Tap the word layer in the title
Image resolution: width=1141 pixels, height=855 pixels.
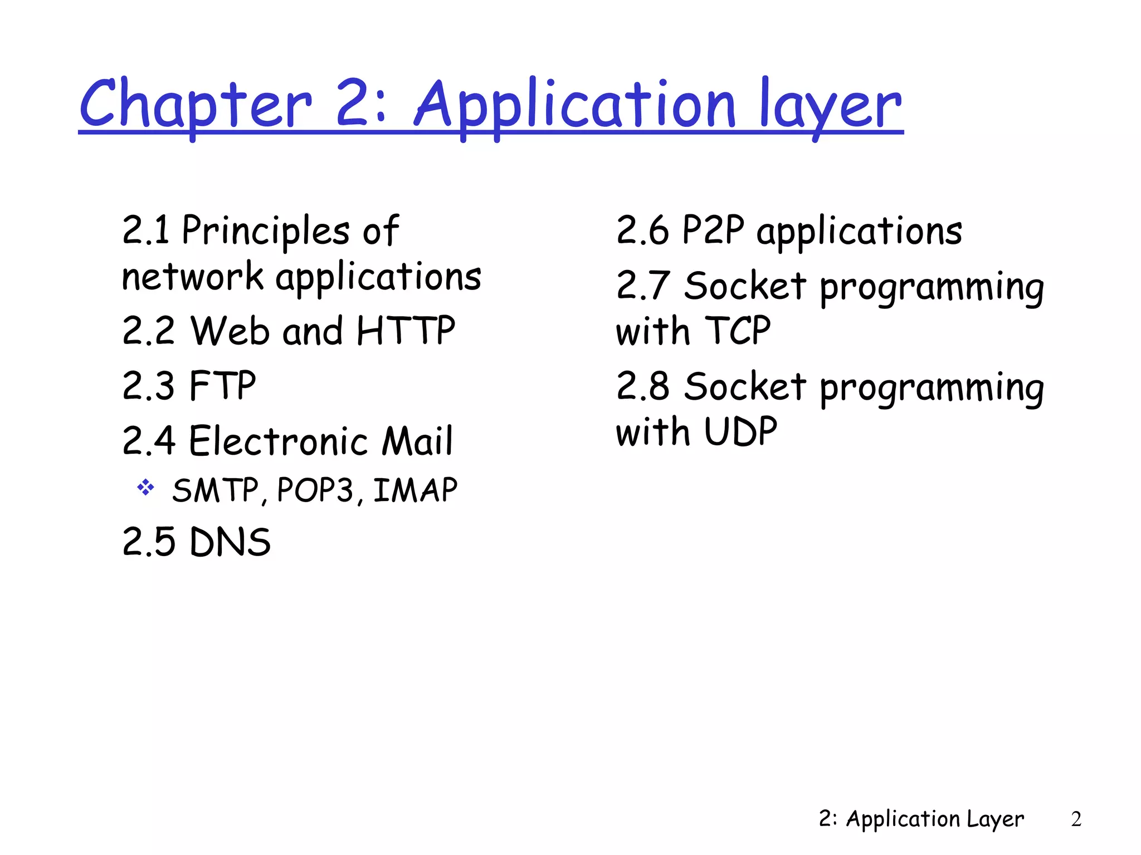tap(830, 106)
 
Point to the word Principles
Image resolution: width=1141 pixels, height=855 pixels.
tap(266, 231)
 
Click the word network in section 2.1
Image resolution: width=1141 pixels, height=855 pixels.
tap(192, 277)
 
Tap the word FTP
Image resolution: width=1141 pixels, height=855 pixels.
tap(222, 385)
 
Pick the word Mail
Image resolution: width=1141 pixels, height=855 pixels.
tap(417, 441)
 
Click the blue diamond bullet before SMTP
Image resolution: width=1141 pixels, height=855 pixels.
tap(146, 488)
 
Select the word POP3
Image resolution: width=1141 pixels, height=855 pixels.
tap(315, 490)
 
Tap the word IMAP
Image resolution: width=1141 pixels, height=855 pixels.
tap(415, 490)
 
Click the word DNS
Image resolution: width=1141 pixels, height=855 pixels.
tap(230, 542)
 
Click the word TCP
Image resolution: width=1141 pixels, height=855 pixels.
tap(738, 331)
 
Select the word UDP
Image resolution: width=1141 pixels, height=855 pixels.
tap(740, 431)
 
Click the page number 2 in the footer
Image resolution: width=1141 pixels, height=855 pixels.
tap(1076, 819)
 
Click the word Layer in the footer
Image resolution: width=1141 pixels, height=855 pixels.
tap(996, 819)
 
